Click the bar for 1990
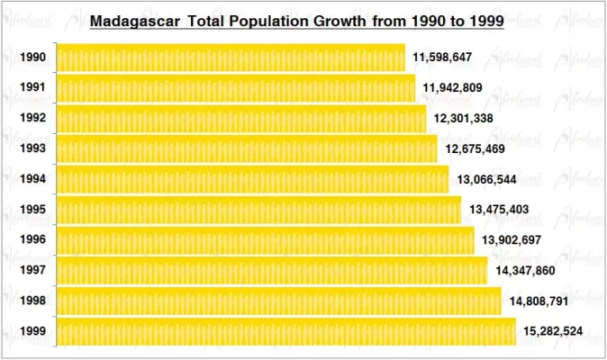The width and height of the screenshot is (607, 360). point(231,58)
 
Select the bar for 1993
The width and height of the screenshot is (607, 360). point(247,148)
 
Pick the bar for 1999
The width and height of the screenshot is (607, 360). point(286,331)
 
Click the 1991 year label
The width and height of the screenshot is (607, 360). point(32,88)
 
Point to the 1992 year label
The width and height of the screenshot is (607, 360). point(32,119)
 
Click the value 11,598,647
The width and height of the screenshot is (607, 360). point(442,58)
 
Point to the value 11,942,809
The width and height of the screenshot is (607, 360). point(453,88)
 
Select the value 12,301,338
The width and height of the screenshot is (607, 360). point(464,119)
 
